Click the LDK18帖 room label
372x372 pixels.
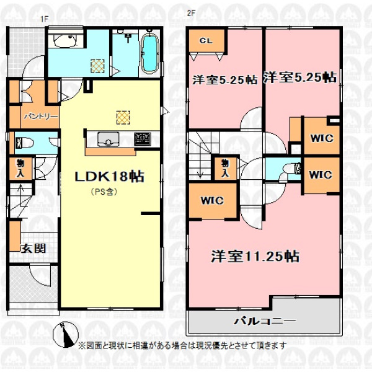109,177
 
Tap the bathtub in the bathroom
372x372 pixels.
149,53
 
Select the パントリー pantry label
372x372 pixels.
41,117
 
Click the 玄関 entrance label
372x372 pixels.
33,249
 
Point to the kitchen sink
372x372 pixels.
108,139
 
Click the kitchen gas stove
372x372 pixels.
143,139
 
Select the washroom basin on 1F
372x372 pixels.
64,41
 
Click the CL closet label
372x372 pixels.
206,41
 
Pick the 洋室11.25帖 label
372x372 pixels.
255,257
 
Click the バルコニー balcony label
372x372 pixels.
265,321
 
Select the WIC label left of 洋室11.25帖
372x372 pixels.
212,201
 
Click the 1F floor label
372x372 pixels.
44,19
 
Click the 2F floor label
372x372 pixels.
191,13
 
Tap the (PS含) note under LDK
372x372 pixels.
104,192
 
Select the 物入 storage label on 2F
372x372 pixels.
225,168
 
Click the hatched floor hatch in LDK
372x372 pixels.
123,117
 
